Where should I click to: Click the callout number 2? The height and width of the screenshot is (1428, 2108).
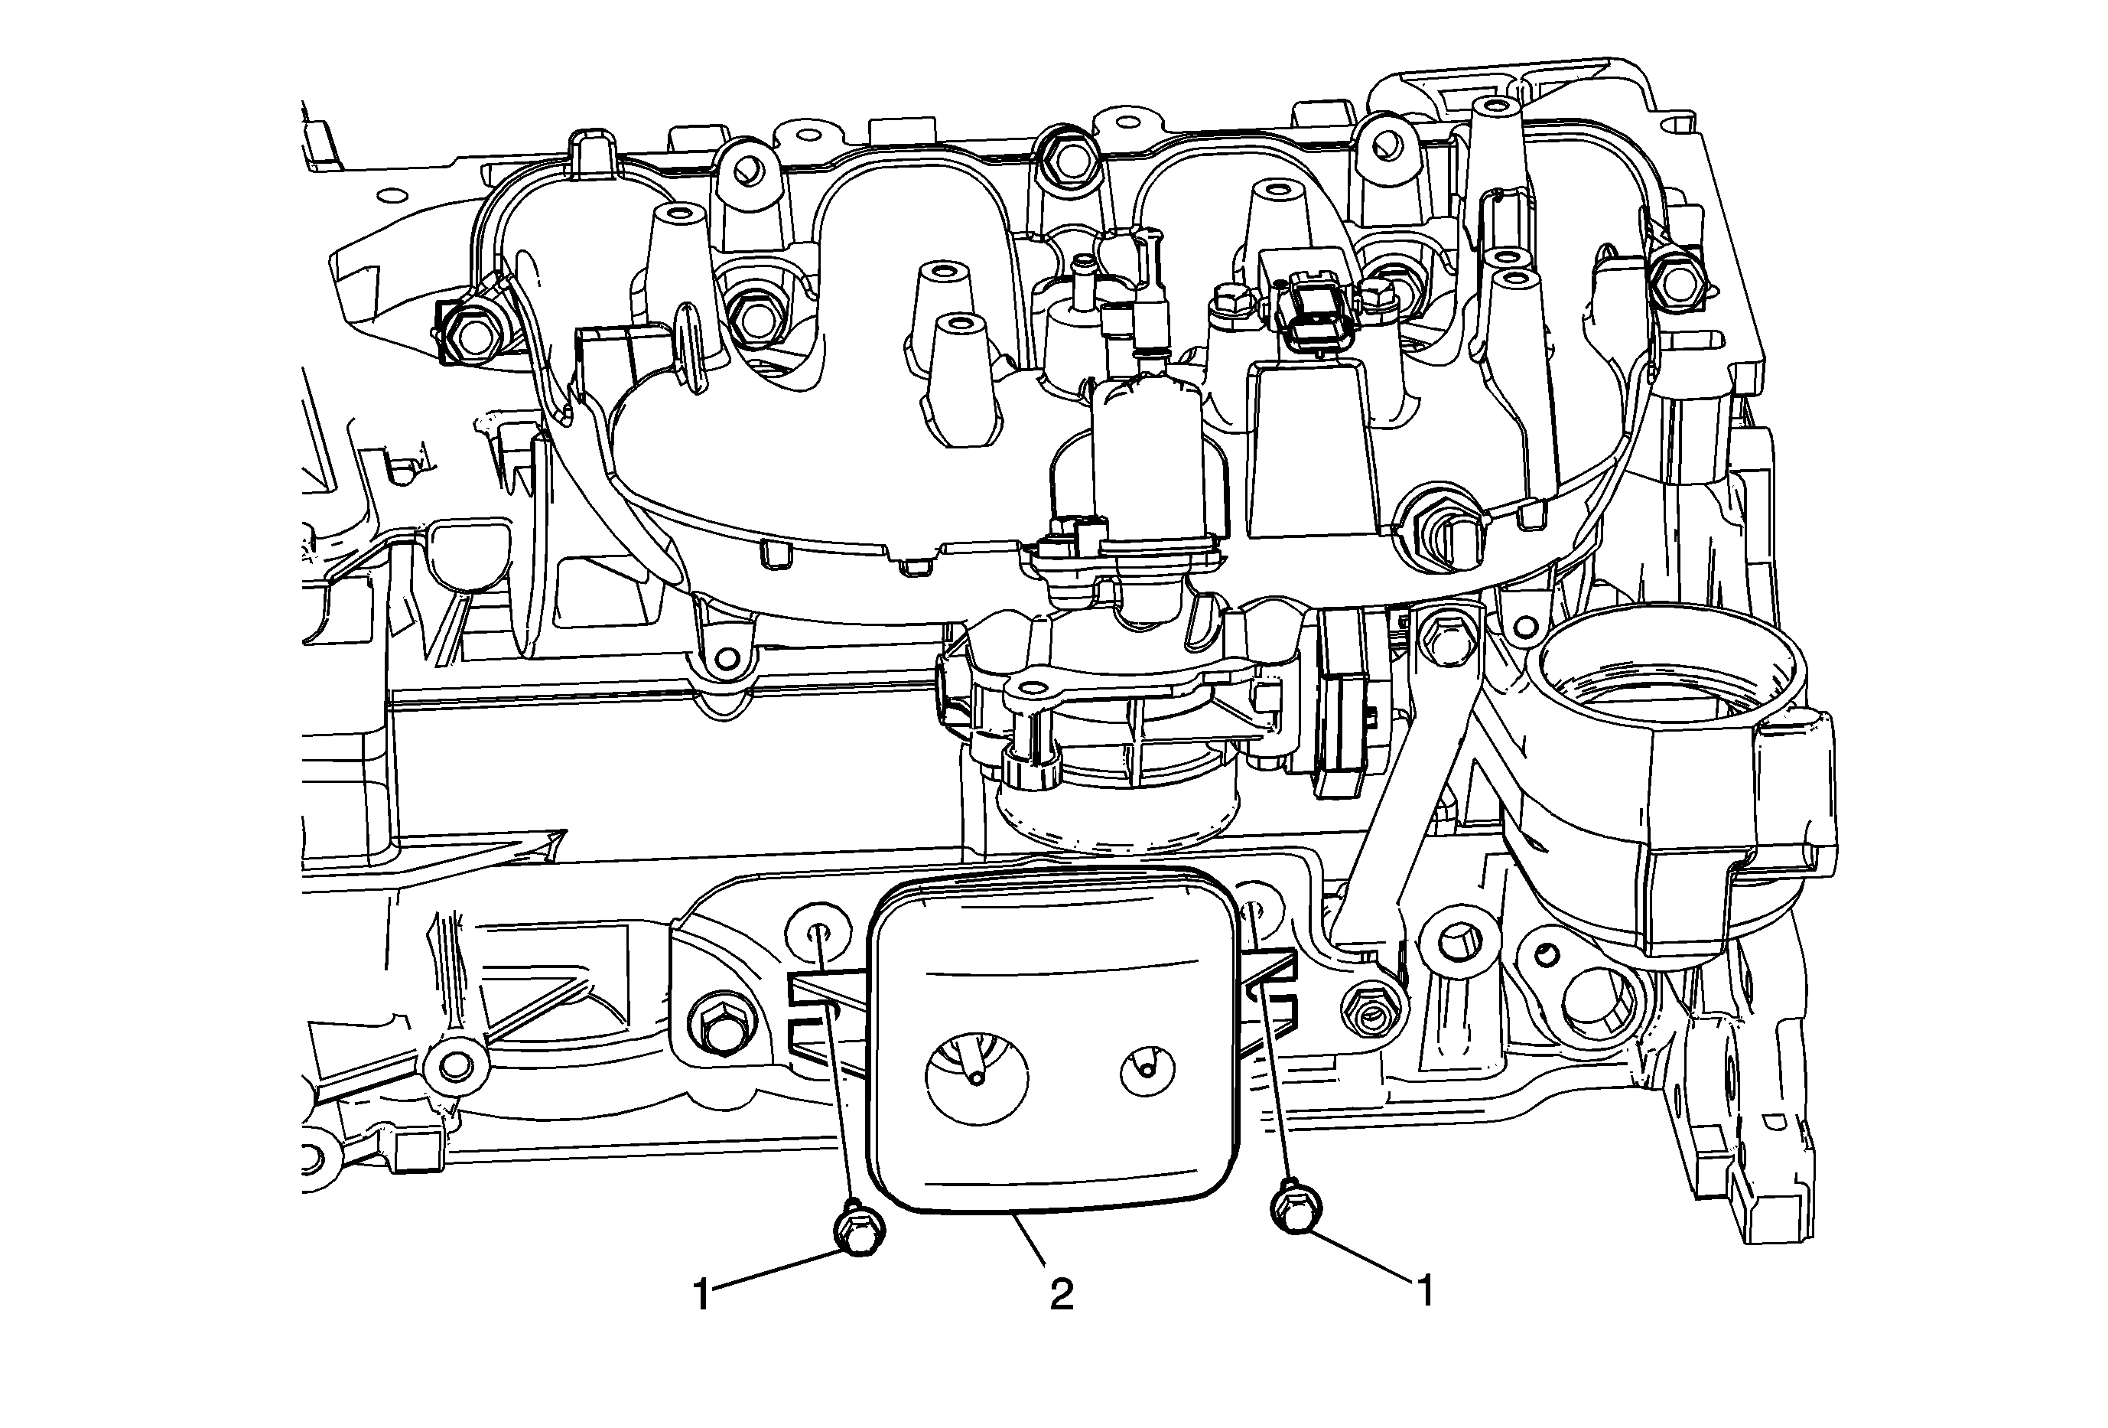[1061, 1294]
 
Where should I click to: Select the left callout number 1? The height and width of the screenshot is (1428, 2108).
[702, 1294]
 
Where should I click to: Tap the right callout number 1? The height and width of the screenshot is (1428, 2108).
[1425, 1290]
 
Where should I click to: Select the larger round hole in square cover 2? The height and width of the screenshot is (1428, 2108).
[977, 1077]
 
